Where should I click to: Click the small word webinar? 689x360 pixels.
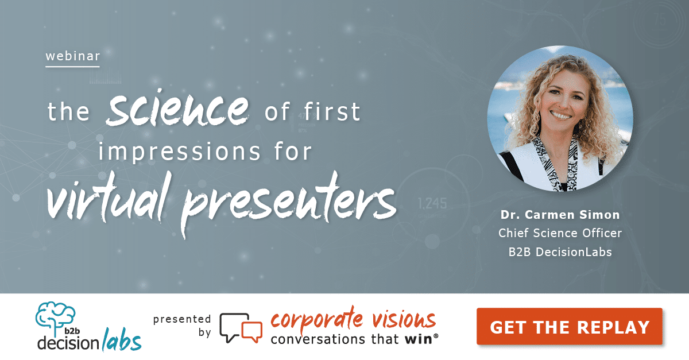pos(73,56)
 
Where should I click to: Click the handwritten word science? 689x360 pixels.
pos(176,110)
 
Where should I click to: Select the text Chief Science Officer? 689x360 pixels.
pos(560,234)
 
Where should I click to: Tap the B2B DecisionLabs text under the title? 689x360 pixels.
pos(560,251)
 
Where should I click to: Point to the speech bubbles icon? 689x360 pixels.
pos(241,328)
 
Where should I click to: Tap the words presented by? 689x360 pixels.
pos(183,326)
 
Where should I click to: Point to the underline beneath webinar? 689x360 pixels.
pos(73,67)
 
